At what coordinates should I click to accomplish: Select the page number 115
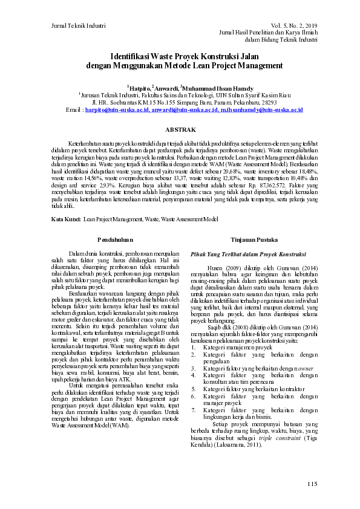pos(312,484)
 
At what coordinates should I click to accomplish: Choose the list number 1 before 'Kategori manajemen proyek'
pos(193,347)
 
